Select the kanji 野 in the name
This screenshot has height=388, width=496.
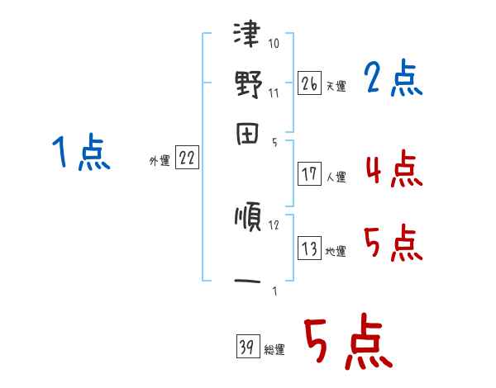pos(248,86)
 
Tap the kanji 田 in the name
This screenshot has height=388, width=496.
pos(248,133)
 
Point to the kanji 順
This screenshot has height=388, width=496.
pos(248,219)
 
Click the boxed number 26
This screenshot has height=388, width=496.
pos(309,83)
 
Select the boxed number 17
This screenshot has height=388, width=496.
pos(309,173)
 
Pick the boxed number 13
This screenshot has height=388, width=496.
pos(309,248)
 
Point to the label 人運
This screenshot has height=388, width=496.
pos(336,177)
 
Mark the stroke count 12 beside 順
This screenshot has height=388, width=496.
pos(274,225)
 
